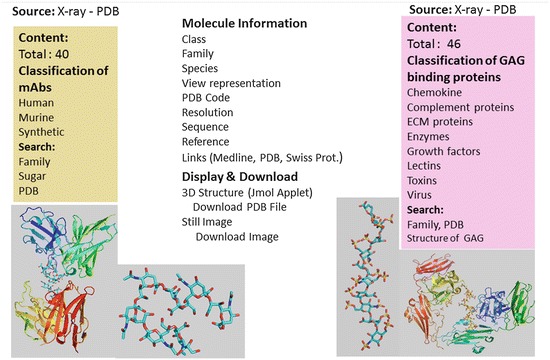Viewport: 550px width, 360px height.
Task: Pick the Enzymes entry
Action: (431, 138)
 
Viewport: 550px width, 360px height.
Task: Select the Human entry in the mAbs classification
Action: (37, 97)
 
